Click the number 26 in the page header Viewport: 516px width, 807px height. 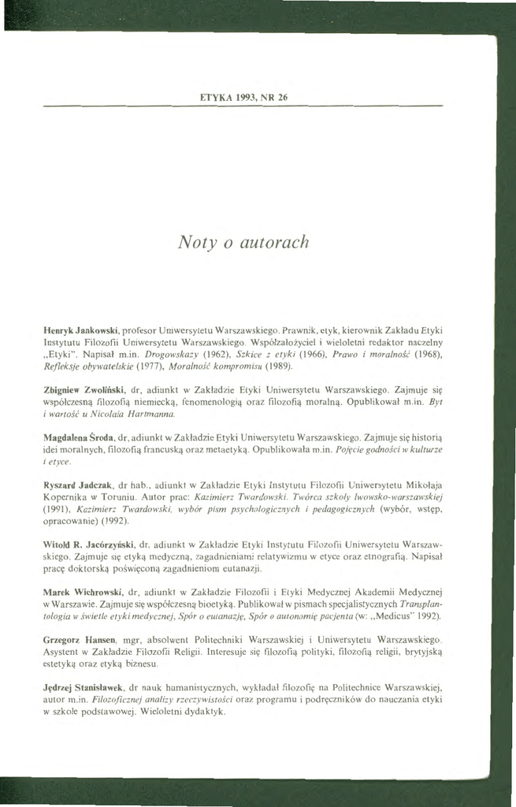tap(280, 97)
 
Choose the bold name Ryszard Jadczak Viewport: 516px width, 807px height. tap(76, 485)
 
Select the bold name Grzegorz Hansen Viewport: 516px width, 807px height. tap(80, 639)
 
